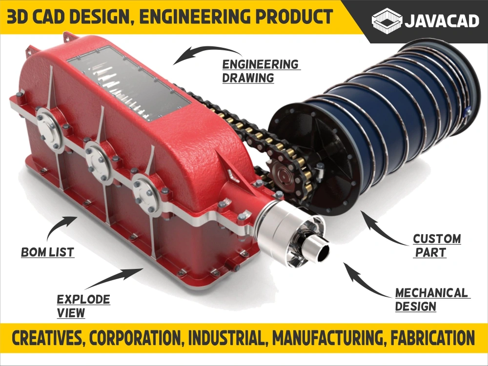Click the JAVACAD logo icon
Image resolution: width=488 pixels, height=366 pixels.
pos(387,20)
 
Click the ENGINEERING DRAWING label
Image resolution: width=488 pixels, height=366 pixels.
pos(261,71)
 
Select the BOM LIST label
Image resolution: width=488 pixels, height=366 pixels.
pos(48,252)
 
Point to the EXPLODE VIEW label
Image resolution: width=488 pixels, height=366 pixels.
pos(83,306)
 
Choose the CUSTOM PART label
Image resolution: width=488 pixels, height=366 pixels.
pos(437,245)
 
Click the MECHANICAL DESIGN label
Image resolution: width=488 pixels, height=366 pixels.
pos(432,300)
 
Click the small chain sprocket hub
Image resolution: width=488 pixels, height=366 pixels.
pos(283,175)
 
